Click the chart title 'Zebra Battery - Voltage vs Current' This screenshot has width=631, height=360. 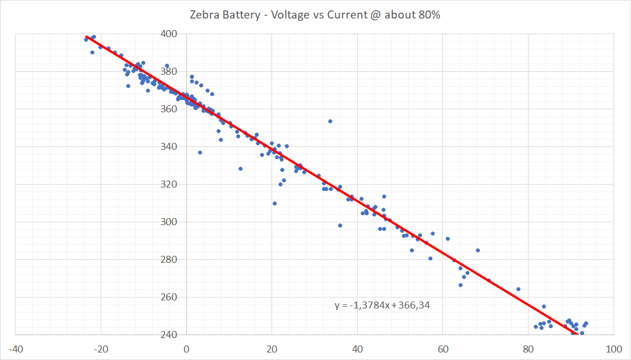pos(315,15)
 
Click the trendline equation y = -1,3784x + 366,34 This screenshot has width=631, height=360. pos(382,305)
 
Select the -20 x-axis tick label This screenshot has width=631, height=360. pos(101,349)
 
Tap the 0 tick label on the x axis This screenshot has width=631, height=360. pos(186,349)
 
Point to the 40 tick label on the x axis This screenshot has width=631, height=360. pos(357,349)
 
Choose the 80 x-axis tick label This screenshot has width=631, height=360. pos(528,349)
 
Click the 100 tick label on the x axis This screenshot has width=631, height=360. pos(612,349)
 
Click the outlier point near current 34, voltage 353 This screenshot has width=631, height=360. pos(330,121)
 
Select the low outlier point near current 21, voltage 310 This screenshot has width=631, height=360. pos(274,203)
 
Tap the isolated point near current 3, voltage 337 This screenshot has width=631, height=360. pos(200,152)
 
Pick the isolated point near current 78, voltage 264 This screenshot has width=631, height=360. pos(518,289)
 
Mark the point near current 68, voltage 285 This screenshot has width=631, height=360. pos(478,250)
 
